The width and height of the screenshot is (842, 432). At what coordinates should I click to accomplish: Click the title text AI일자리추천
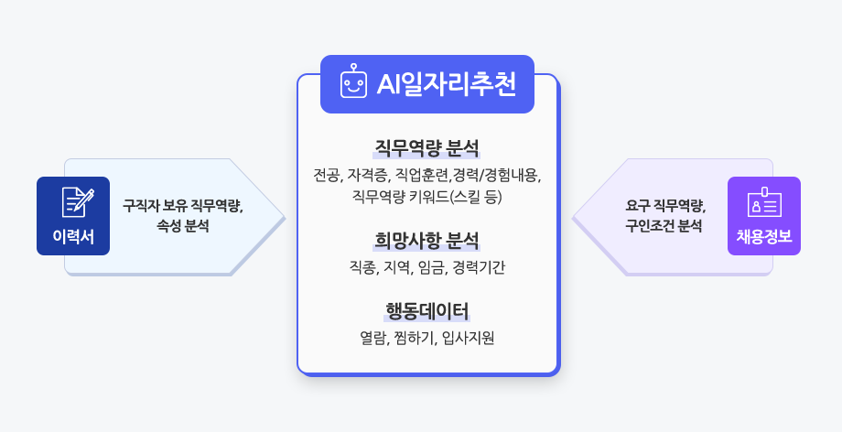coord(447,84)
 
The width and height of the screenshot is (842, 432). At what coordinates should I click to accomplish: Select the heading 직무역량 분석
coord(426,147)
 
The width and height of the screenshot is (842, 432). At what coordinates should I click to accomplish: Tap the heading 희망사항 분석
coord(426,240)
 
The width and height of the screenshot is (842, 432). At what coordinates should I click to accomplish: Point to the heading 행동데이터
coord(426,311)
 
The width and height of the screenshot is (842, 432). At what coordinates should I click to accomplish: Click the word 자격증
coord(368,175)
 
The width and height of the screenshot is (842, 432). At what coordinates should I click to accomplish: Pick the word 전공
coord(328,175)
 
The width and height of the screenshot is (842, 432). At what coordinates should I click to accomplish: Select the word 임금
coord(432,267)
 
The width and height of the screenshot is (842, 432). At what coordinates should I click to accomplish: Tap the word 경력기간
coord(479,267)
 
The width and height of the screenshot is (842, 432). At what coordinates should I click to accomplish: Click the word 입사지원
coord(468,338)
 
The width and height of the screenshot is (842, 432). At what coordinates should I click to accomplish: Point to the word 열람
coord(373,338)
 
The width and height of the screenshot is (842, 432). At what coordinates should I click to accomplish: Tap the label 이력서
coord(73,236)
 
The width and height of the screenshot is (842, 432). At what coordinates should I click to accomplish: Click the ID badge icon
coord(764,202)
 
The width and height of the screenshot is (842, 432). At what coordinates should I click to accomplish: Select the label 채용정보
coord(764,236)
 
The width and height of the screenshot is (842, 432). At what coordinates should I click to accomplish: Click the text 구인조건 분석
coord(664,226)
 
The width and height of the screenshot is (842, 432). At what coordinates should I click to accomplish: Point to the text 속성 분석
coord(182,226)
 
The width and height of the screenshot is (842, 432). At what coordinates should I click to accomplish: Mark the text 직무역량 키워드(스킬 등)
coord(426,197)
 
